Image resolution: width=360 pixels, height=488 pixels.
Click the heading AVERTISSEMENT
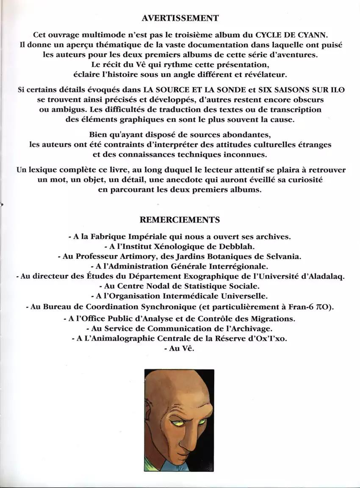coord(180,18)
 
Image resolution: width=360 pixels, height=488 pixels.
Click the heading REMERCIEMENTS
coord(180,220)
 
